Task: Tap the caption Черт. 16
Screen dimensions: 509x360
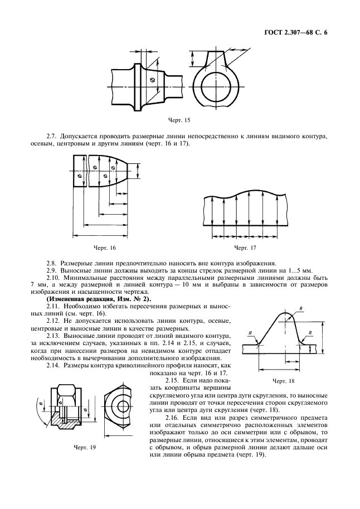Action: tap(105, 247)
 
